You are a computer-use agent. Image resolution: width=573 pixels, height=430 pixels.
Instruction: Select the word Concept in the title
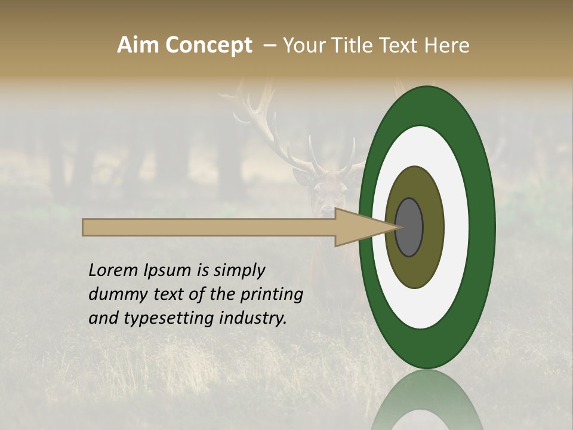point(208,45)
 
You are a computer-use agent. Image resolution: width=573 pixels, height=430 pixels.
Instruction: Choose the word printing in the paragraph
point(272,295)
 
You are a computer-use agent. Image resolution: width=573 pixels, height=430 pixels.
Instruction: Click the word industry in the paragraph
point(252,318)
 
